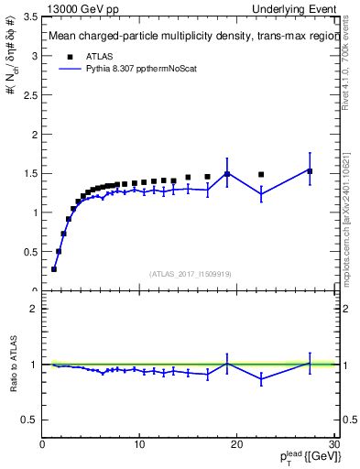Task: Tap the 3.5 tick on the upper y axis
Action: tap(30, 16)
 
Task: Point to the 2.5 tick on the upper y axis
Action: tap(30, 95)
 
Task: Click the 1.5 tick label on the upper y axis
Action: tap(30, 173)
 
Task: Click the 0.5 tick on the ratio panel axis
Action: tap(30, 420)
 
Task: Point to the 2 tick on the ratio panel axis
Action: tap(34, 309)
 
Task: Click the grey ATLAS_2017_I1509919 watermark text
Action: tap(189, 273)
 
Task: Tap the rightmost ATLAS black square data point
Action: tap(310, 171)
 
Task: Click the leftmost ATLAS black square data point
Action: tap(54, 269)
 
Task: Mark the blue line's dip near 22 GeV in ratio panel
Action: tap(261, 378)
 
